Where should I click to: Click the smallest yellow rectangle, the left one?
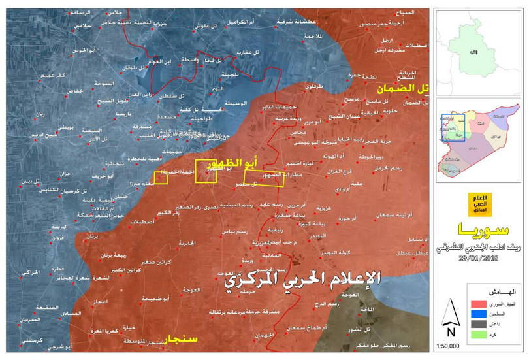point(160,178)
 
